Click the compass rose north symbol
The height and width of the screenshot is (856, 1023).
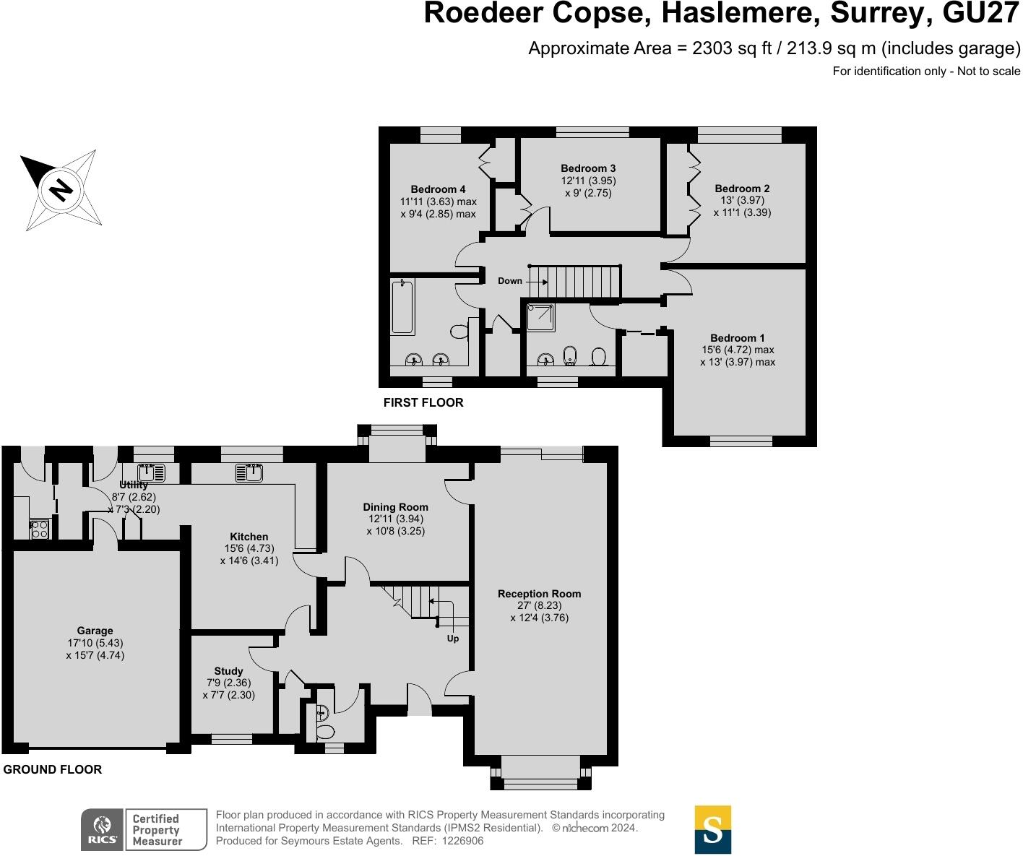[61, 190]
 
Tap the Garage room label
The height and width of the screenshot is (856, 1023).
[95, 631]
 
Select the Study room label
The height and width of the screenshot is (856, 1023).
[228, 671]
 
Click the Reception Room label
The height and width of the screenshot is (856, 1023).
[539, 594]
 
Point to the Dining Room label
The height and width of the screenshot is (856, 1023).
[395, 507]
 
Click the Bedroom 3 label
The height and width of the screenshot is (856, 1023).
[588, 168]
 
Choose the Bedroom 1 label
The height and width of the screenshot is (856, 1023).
[737, 338]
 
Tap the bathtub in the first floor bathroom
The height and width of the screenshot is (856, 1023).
[402, 308]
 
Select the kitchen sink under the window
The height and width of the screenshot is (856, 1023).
[249, 473]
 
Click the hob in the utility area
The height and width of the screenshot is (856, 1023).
[39, 529]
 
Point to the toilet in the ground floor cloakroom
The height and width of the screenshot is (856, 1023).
[325, 732]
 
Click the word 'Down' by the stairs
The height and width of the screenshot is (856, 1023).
[509, 281]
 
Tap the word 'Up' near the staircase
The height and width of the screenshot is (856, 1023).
[453, 639]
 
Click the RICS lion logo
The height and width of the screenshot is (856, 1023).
[102, 830]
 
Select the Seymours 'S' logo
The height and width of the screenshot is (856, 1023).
[712, 829]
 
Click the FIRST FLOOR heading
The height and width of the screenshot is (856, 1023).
[423, 402]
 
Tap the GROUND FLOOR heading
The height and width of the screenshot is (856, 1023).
[53, 769]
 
